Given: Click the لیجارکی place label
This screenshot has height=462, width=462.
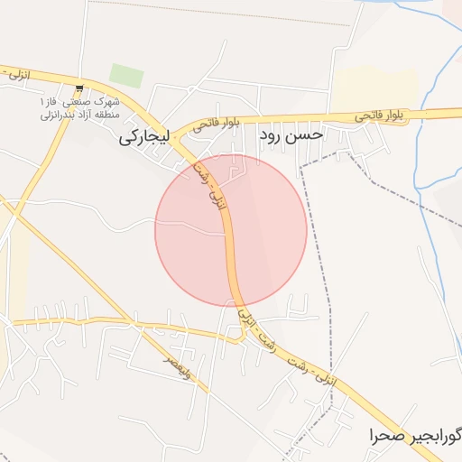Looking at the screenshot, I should (148, 140).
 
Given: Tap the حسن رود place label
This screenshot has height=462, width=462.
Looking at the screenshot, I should (291, 135).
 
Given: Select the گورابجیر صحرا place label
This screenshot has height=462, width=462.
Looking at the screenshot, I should (416, 437).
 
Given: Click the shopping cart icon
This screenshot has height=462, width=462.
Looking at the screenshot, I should (80, 88).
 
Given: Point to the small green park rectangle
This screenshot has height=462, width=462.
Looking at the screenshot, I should (126, 76).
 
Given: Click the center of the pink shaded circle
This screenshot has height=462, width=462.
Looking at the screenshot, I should (231, 230).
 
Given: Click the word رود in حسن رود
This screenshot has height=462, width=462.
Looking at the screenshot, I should (273, 135).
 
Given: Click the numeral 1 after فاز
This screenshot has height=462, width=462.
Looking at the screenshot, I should (42, 101).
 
